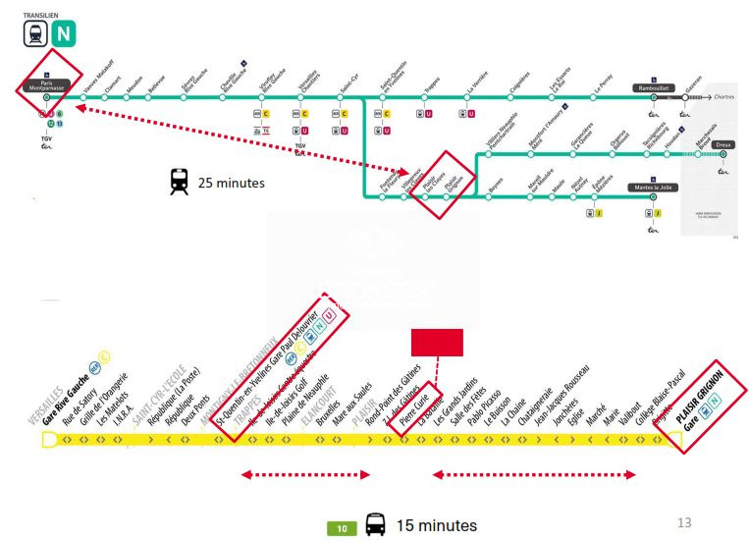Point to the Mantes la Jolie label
[x=653, y=186]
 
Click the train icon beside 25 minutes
[x=179, y=182]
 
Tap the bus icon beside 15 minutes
[x=375, y=525]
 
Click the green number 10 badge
[x=342, y=528]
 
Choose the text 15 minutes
[x=437, y=525]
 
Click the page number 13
[x=684, y=521]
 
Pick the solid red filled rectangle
[x=436, y=342]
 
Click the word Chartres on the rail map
[x=725, y=97]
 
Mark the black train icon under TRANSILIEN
[x=35, y=35]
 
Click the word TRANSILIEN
[x=40, y=16]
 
